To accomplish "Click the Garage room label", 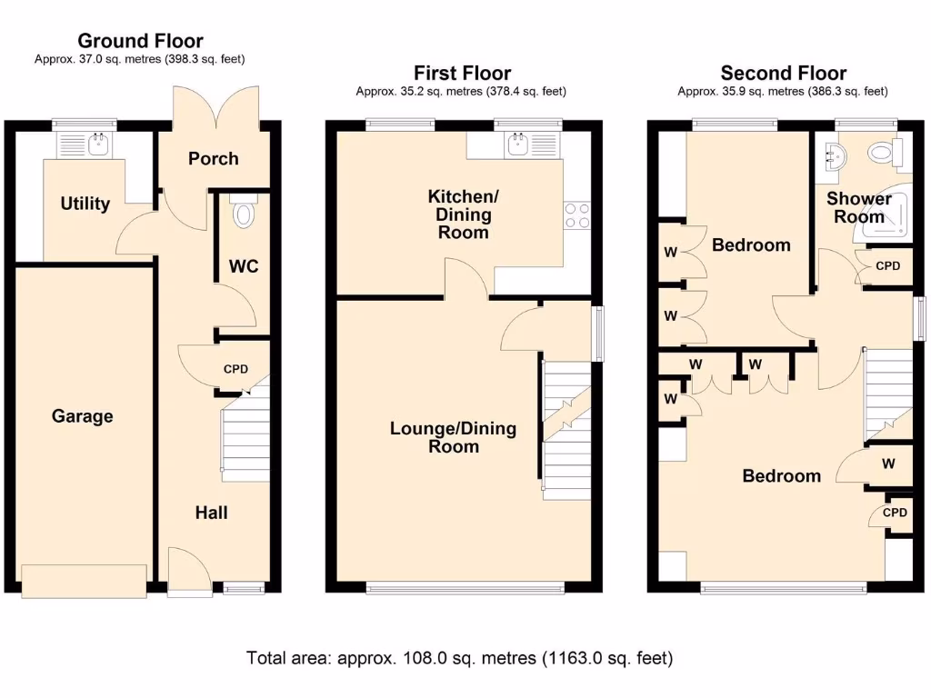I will [x=83, y=416].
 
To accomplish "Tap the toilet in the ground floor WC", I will [x=243, y=213].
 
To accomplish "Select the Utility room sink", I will [x=98, y=145].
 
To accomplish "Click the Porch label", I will [x=214, y=158].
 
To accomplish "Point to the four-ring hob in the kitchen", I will [x=577, y=215].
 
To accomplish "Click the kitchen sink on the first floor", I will [x=520, y=144].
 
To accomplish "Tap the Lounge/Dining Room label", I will [x=453, y=437].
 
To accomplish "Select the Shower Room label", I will [x=859, y=207].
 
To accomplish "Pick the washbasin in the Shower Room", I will [x=835, y=155].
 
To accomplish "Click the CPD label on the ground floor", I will [x=235, y=369].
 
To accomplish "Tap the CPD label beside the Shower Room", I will [x=887, y=266].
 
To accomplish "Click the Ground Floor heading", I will [x=140, y=41].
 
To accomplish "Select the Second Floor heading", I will [x=783, y=73].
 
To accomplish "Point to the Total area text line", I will [x=459, y=657].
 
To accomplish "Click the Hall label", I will [x=211, y=513].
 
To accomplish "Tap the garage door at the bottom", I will [x=85, y=581].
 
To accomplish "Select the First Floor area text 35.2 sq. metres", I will [x=462, y=91].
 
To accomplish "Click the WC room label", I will [x=244, y=266].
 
